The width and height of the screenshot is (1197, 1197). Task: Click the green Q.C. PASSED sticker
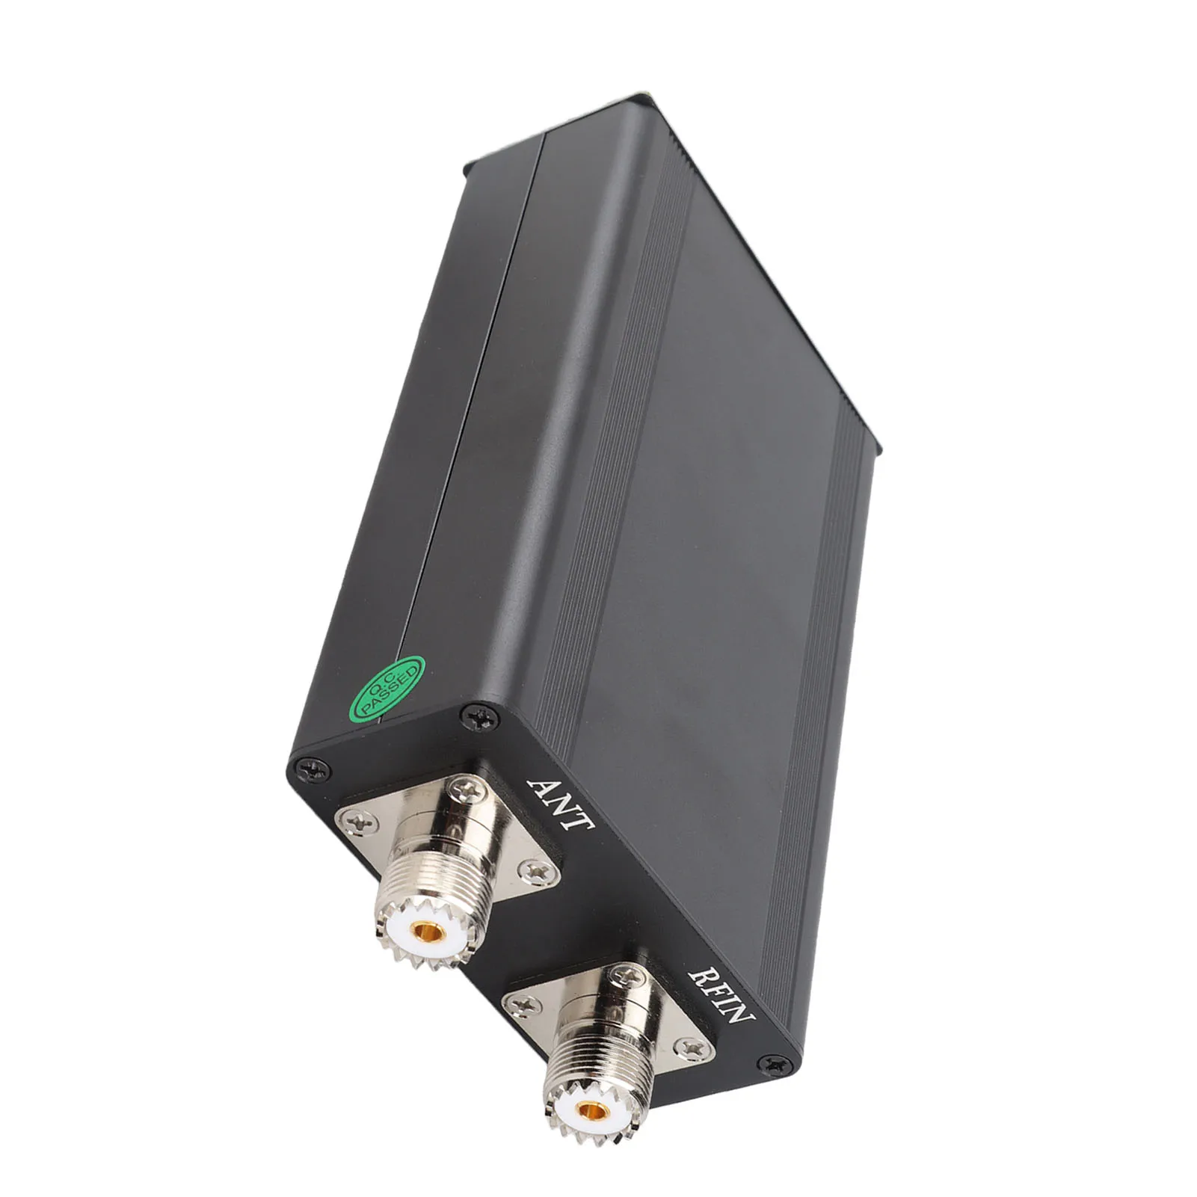click(x=387, y=689)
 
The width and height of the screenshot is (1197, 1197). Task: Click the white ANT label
click(x=560, y=804)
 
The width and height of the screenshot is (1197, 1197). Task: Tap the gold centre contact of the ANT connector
click(x=428, y=932)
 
